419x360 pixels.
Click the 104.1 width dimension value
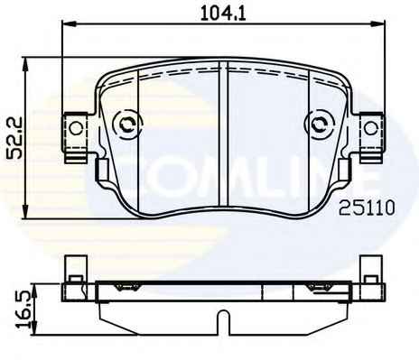(223, 14)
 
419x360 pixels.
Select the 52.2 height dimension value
(14, 137)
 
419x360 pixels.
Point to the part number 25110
(367, 208)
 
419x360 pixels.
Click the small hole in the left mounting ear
(76, 128)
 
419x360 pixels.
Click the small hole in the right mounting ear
(370, 128)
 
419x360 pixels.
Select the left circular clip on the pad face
(126, 125)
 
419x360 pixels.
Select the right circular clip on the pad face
(320, 125)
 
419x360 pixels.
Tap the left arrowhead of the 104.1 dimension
(68, 23)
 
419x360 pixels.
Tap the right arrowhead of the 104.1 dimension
(379, 23)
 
